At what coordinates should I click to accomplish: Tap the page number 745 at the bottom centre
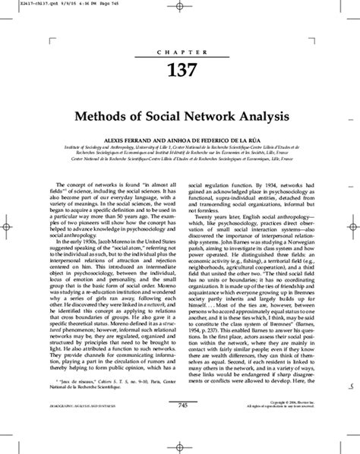point(182,427)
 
